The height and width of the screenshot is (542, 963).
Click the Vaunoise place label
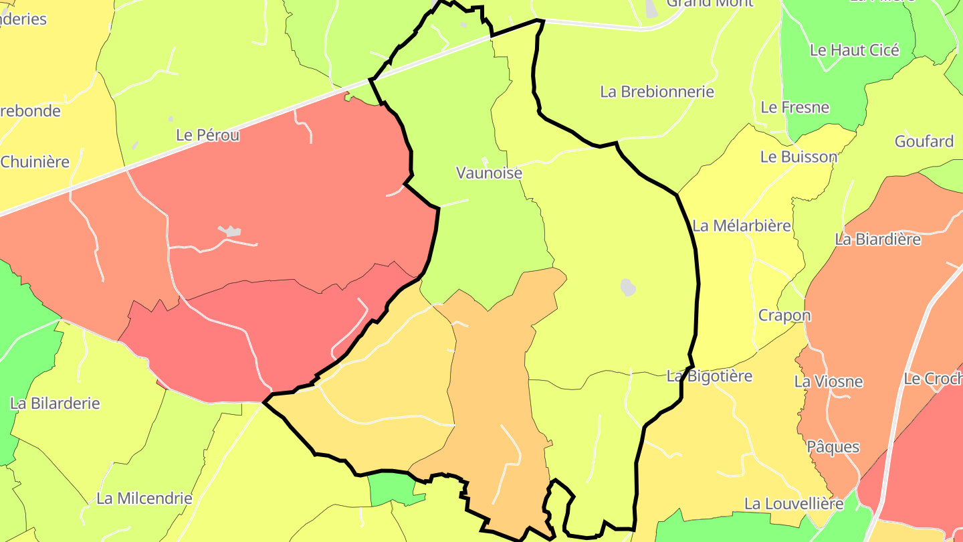[489, 173]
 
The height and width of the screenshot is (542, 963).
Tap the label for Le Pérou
[207, 134]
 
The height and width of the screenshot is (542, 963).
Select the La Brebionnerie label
[657, 92]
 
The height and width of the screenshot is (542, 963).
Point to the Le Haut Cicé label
[854, 50]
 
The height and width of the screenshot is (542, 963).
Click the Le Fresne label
[794, 107]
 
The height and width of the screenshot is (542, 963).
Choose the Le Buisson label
[798, 157]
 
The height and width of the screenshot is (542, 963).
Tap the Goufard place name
[924, 141]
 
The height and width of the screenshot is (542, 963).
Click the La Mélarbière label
[742, 225]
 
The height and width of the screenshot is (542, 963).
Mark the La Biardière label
[877, 239]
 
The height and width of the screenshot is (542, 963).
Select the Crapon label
[784, 315]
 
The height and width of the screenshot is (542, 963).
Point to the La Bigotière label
[710, 376]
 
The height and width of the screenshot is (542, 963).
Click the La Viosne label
[828, 381]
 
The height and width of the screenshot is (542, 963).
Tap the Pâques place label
[833, 446]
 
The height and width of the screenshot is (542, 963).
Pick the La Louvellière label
[794, 503]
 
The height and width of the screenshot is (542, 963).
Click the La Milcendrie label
[144, 498]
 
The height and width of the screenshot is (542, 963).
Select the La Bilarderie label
[55, 403]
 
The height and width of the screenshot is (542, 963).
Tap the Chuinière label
[35, 161]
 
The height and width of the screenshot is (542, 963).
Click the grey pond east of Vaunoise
[628, 287]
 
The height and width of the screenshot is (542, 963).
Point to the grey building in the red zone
[231, 232]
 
